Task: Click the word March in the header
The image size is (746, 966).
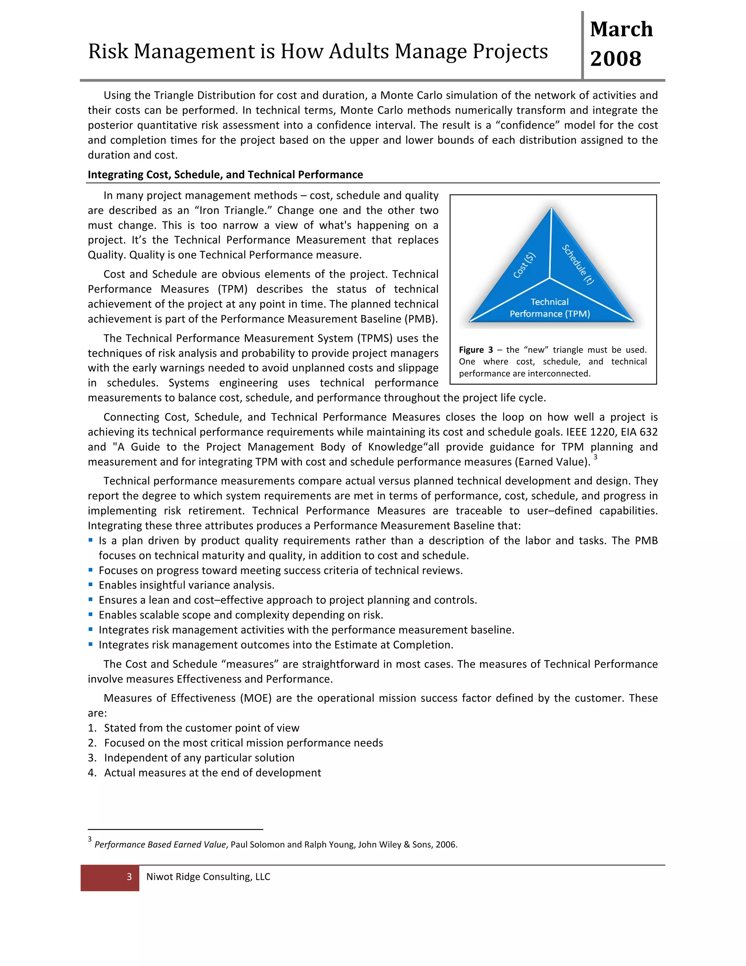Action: pyautogui.click(x=621, y=30)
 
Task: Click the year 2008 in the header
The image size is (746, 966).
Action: pyautogui.click(x=615, y=59)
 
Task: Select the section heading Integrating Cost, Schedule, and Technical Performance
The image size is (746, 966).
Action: pyautogui.click(x=225, y=175)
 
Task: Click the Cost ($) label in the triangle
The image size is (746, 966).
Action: pyautogui.click(x=525, y=265)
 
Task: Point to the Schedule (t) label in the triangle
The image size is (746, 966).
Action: pyautogui.click(x=578, y=265)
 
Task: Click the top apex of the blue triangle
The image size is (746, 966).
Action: pyautogui.click(x=551, y=209)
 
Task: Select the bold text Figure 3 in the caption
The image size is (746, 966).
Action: pyautogui.click(x=475, y=350)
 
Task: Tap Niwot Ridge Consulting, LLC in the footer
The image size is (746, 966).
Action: pyautogui.click(x=208, y=877)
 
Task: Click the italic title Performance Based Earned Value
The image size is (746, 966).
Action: pyautogui.click(x=160, y=844)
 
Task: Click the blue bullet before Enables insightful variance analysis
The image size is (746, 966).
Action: pyautogui.click(x=91, y=585)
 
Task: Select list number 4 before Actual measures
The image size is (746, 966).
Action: pyautogui.click(x=91, y=773)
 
